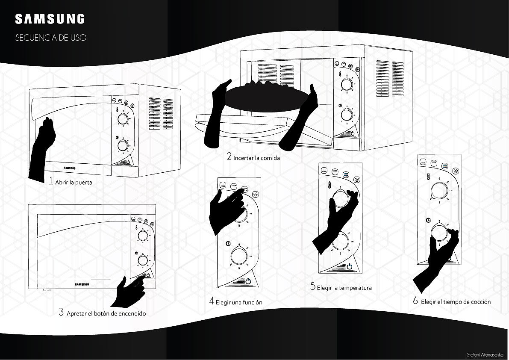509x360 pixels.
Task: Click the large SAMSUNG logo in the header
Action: [x=50, y=19]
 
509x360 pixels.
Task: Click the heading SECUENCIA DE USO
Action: [x=51, y=38]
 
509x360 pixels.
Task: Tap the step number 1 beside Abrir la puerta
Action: [x=51, y=181]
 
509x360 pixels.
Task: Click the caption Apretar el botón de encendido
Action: [x=106, y=313]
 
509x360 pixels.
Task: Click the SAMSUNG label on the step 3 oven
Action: [x=83, y=284]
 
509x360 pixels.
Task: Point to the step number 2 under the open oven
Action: [x=229, y=157]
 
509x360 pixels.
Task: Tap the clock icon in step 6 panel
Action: [x=428, y=220]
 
